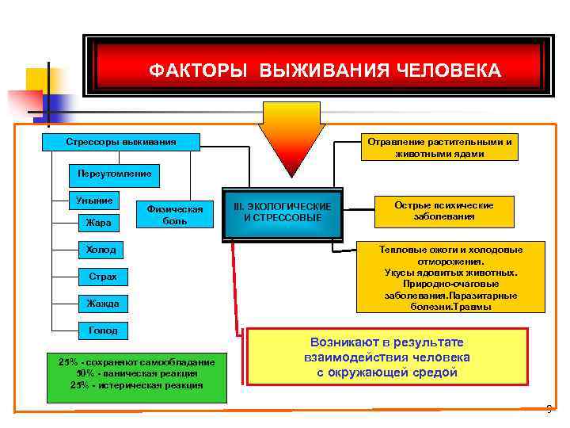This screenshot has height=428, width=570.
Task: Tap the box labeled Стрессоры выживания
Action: (121, 143)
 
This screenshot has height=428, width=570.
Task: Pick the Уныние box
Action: (94, 201)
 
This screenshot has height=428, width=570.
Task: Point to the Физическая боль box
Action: (175, 214)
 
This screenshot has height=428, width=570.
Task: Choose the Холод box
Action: (101, 250)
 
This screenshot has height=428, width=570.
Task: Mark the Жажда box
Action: (104, 303)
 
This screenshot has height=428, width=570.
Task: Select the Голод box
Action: (104, 330)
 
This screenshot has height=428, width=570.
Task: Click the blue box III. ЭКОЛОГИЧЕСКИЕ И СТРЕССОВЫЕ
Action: (283, 212)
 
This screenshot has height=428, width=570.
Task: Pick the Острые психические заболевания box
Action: (443, 210)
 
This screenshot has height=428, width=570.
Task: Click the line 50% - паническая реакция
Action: (137, 373)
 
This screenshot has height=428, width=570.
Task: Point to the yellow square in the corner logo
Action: (40, 81)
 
